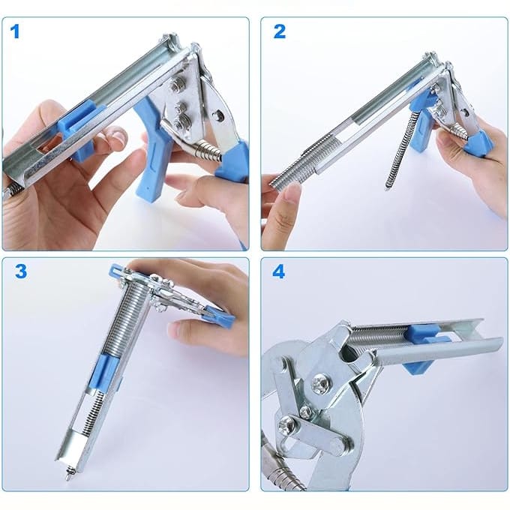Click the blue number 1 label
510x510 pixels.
click(15, 31)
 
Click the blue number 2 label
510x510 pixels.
click(280, 31)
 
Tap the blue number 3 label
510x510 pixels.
click(21, 271)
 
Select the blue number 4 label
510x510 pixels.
click(278, 271)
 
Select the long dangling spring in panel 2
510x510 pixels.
click(400, 149)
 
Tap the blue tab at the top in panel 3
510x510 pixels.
click(116, 270)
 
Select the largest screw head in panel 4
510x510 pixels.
click(320, 383)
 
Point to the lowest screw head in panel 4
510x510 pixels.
click(286, 424)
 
